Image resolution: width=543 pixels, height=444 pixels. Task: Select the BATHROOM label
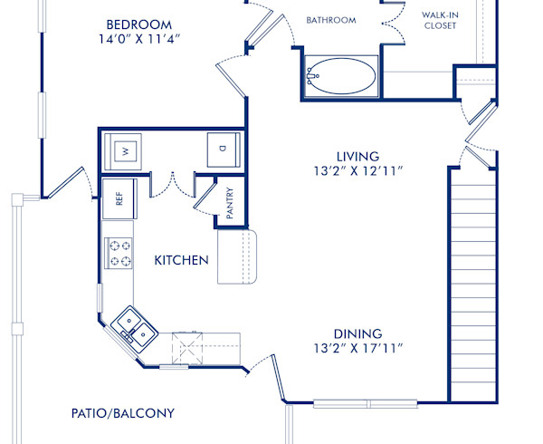tap(330, 19)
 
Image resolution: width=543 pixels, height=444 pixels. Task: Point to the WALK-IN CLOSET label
tap(439, 20)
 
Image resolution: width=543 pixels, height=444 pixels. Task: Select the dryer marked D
tap(222, 150)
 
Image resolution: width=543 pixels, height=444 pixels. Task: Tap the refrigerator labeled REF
tap(119, 198)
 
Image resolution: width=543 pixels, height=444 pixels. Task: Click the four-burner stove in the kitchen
tap(119, 253)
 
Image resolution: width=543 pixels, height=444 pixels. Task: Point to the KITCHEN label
tap(181, 261)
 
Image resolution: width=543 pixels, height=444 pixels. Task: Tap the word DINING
tap(358, 333)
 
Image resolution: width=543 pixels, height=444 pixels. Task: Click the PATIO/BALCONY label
tap(122, 413)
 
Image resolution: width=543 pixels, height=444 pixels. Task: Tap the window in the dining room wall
tap(365, 402)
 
